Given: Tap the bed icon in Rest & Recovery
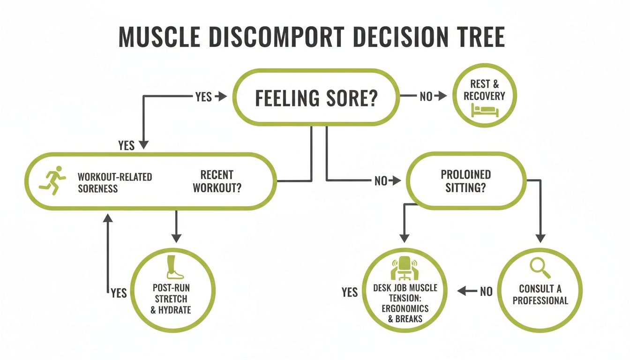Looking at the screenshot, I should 486,111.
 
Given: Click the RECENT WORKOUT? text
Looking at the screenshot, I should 217,181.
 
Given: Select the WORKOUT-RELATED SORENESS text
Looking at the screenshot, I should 114,182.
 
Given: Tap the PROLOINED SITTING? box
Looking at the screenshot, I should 465,180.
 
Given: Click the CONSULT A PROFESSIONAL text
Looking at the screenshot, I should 540,295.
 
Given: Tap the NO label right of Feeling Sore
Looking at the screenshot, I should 426,97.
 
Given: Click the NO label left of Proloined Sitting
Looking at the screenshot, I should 381,180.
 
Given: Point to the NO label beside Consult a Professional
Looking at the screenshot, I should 486,292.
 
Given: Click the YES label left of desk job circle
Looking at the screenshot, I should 350,292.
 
